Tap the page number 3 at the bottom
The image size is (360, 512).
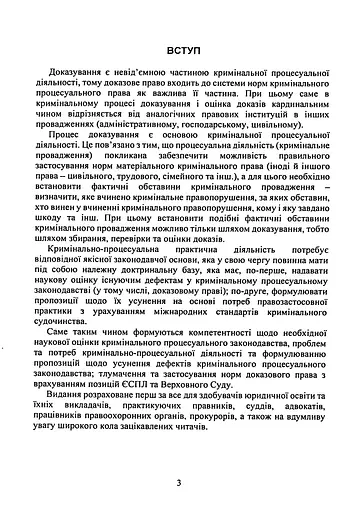pyautogui.click(x=179, y=483)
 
